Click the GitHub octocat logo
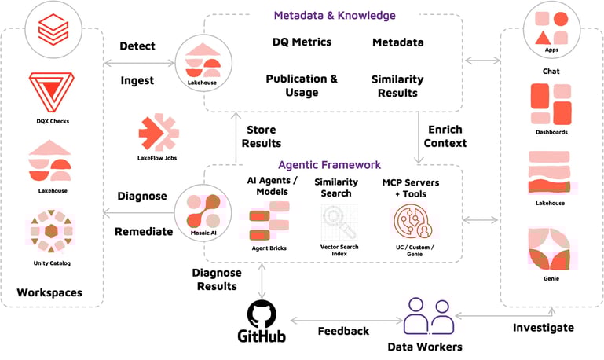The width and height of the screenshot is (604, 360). point(262,313)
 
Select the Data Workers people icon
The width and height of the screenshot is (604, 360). point(428,317)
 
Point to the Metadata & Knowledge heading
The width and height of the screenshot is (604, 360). point(335,15)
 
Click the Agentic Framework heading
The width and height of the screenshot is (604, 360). point(329,165)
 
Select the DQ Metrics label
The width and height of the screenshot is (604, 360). point(302,42)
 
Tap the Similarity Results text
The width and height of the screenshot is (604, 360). point(397,86)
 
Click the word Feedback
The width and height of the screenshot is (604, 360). point(343,331)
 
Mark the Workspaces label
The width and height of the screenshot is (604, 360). point(49,293)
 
